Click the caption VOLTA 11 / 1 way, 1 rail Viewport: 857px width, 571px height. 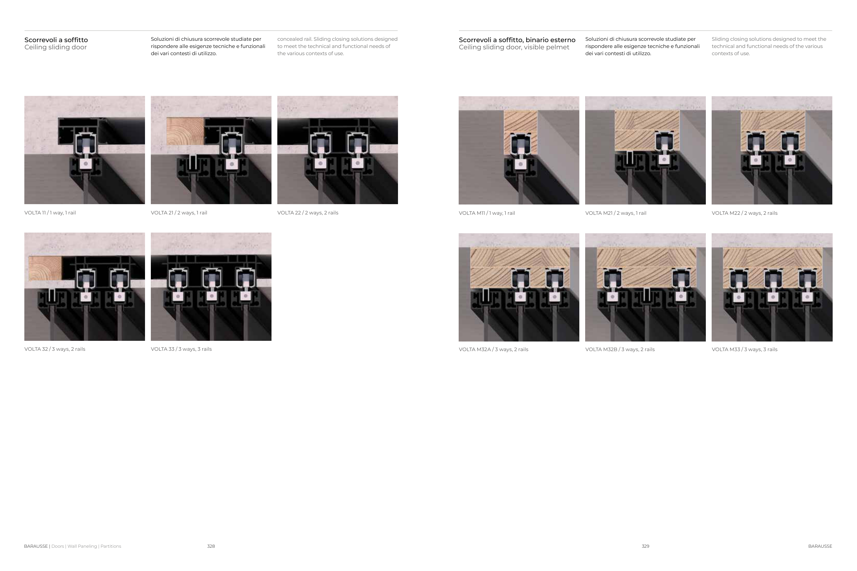point(50,213)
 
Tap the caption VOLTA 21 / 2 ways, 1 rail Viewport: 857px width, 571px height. point(179,213)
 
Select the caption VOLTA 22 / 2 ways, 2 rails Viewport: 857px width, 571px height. point(307,213)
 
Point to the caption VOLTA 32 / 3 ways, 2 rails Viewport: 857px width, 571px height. point(55,349)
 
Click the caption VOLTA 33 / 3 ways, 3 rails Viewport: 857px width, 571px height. point(181,349)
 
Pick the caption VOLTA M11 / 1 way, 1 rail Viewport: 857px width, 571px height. point(487,213)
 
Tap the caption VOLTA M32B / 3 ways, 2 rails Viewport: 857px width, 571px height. point(620,349)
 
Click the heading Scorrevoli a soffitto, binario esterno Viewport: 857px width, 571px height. point(517,40)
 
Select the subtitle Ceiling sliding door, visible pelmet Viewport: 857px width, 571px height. point(514,47)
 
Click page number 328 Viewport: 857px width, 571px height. point(211,546)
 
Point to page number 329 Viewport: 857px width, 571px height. point(645,546)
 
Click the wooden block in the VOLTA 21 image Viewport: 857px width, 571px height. point(185,131)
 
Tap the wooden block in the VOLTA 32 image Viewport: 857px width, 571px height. point(45,268)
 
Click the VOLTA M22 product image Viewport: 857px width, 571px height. point(772,150)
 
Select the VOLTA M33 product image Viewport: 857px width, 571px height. point(772,287)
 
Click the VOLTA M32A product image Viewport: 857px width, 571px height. point(519,287)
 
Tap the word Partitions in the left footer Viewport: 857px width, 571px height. point(111,546)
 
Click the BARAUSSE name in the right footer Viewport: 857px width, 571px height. point(820,546)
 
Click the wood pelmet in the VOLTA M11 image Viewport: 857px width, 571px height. point(520,133)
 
